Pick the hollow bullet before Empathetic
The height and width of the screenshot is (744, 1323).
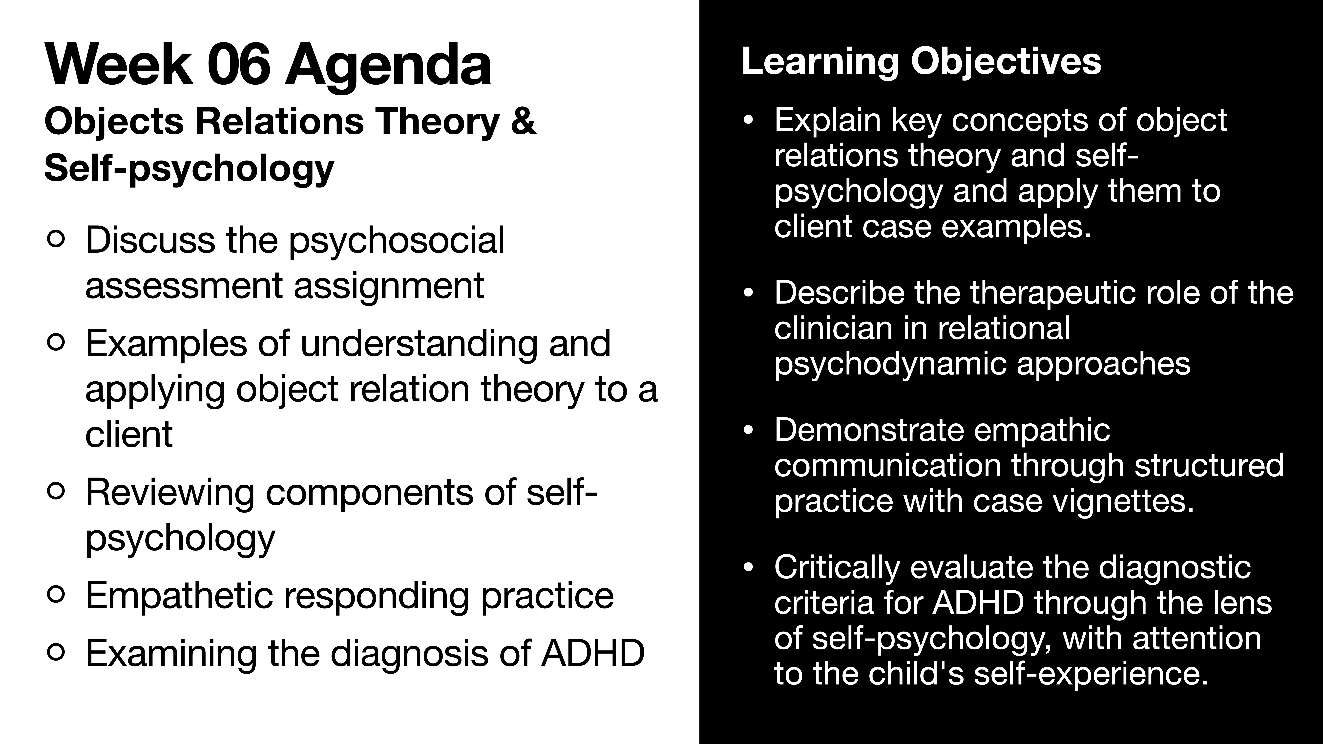click(55, 595)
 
